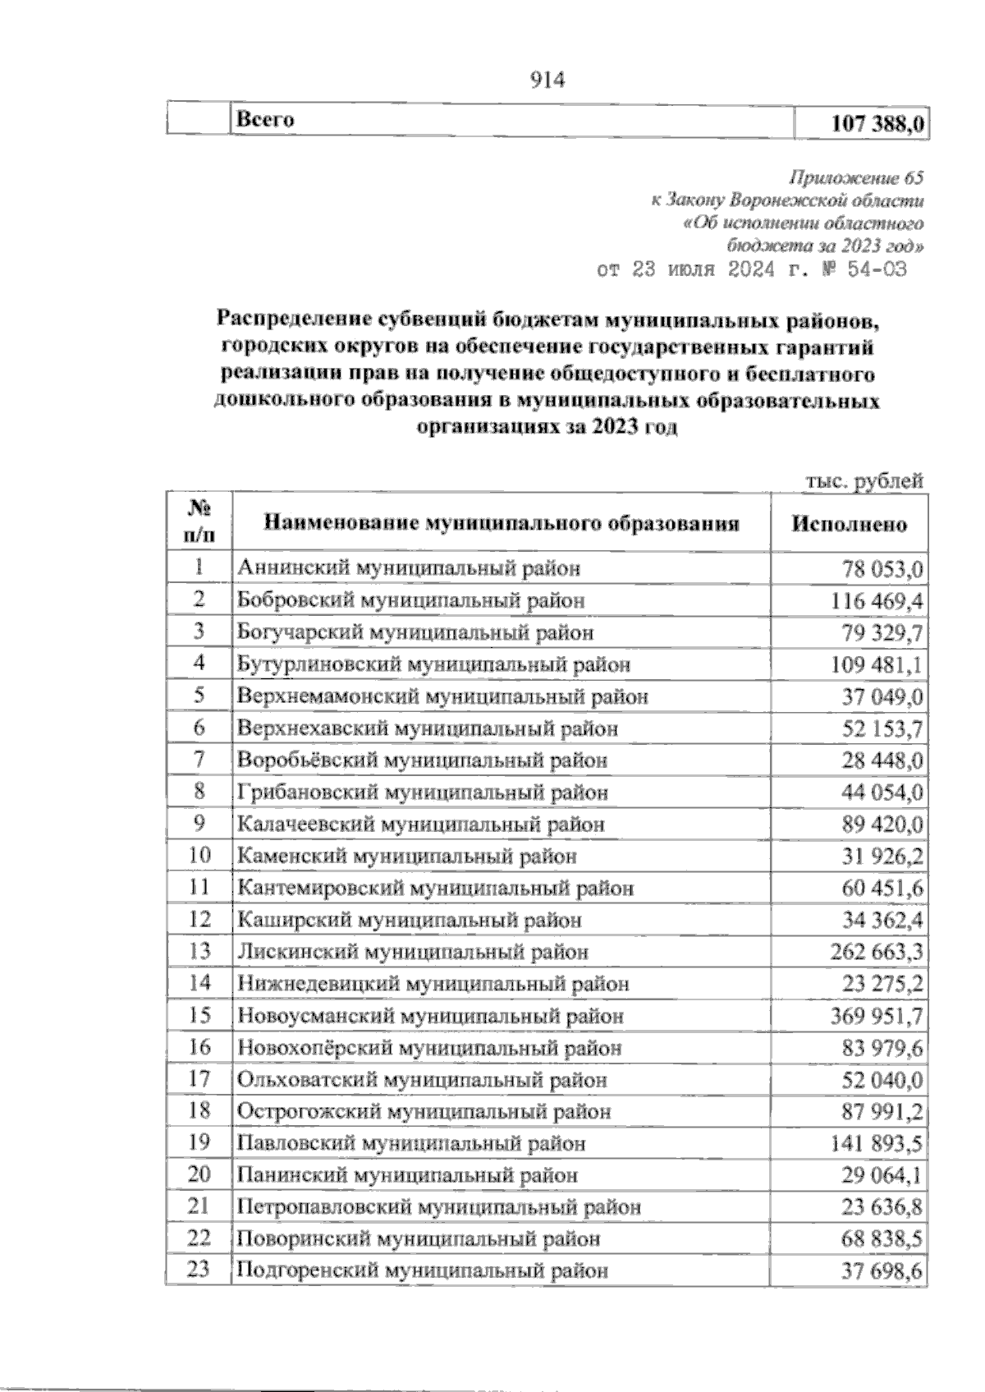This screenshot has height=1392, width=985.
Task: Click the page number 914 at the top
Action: (549, 80)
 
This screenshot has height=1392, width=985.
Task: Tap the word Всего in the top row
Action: (265, 120)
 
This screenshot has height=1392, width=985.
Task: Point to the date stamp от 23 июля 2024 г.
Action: (751, 270)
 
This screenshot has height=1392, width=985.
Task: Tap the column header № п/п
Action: (198, 522)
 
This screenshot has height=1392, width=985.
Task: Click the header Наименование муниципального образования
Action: (501, 523)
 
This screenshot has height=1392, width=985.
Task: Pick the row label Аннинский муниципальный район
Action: (408, 567)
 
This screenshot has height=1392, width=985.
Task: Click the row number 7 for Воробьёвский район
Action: (198, 760)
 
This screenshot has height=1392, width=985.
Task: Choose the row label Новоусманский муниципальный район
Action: (430, 1017)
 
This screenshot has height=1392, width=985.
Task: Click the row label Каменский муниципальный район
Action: (406, 857)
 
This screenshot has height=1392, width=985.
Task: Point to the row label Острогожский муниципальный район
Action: (424, 1112)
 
